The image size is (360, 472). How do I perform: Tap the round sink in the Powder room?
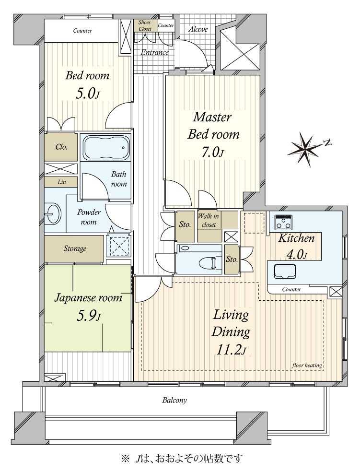(53, 214)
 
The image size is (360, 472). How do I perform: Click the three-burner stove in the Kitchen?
(283, 222)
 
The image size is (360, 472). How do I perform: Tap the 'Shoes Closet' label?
(145, 25)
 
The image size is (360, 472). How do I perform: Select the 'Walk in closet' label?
(209, 220)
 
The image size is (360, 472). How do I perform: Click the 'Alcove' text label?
(198, 29)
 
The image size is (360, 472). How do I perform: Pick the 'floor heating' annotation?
(307, 366)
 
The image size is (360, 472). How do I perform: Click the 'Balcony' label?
(174, 401)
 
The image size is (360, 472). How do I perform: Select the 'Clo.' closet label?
(61, 147)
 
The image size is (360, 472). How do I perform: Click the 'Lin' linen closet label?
(62, 182)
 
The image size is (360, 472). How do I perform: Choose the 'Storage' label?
(75, 248)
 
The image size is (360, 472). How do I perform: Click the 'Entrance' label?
(154, 52)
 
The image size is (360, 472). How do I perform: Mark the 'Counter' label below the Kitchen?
(291, 289)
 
